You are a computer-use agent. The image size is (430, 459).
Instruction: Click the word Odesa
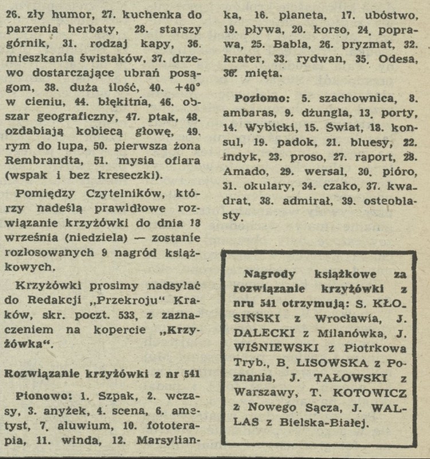click(390, 58)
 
